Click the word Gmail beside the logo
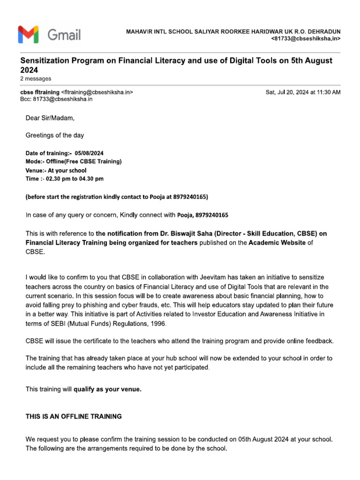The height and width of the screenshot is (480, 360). [63, 35]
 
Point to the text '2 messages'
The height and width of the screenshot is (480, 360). [36, 78]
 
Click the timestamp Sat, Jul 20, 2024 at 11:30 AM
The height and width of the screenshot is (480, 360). [303, 92]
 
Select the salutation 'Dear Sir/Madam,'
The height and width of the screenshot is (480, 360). [50, 118]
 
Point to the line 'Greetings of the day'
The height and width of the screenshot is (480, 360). [54, 135]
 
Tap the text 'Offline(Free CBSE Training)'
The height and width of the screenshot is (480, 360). [83, 162]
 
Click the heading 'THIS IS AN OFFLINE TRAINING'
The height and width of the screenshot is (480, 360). [74, 416]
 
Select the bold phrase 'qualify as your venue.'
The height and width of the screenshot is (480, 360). [107, 389]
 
